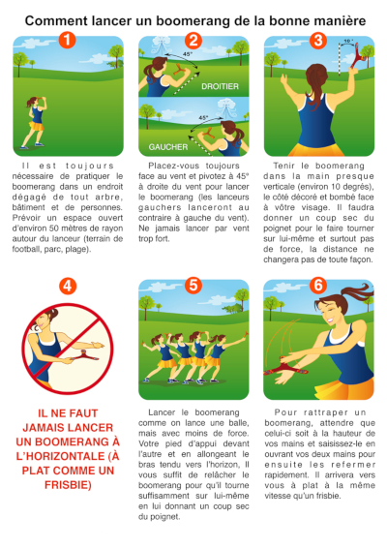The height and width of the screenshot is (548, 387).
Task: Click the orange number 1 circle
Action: tap(67, 41)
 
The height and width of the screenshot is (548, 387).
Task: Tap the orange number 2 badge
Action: tap(193, 41)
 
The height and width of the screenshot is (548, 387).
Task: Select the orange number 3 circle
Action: tap(318, 41)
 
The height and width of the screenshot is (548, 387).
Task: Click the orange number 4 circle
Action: tap(68, 287)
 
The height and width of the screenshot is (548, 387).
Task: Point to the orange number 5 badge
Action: tap(193, 285)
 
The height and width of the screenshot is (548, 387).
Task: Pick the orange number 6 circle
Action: tap(318, 285)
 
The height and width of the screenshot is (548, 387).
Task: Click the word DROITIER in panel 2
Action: tap(220, 86)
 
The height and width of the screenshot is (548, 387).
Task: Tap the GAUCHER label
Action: tap(168, 147)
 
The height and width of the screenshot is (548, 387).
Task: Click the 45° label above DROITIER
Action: tap(188, 54)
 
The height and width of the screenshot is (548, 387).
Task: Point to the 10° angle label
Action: tap(348, 42)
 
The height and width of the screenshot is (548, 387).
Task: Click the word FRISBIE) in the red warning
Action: tap(68, 485)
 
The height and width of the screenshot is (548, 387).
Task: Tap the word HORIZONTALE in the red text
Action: tap(64, 456)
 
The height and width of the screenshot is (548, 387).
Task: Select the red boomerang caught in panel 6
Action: tap(285, 368)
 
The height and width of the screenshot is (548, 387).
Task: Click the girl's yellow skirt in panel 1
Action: tap(36, 126)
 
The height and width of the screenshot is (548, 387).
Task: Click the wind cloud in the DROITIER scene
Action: tap(161, 46)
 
